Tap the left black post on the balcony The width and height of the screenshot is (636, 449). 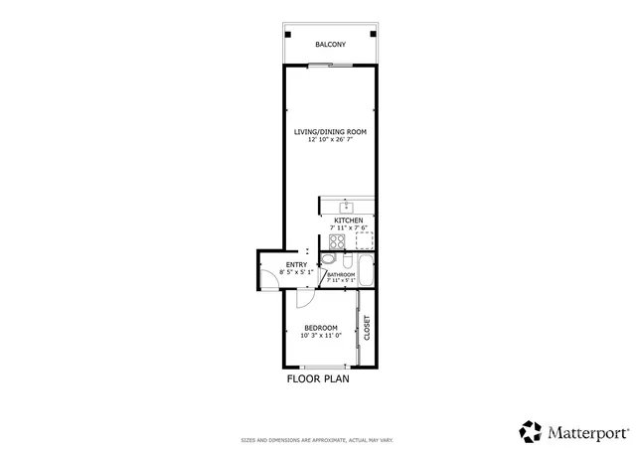(x=288, y=32)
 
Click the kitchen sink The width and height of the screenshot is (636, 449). (x=347, y=207)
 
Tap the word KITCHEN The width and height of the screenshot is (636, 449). (x=348, y=221)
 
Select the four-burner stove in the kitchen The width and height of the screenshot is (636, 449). (x=325, y=240)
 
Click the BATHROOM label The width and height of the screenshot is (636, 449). (x=341, y=274)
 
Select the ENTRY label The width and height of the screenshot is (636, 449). (x=296, y=264)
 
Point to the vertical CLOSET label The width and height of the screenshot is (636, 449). (x=367, y=328)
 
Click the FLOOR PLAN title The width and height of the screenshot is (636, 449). (x=318, y=378)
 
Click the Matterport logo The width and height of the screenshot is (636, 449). (x=573, y=431)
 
